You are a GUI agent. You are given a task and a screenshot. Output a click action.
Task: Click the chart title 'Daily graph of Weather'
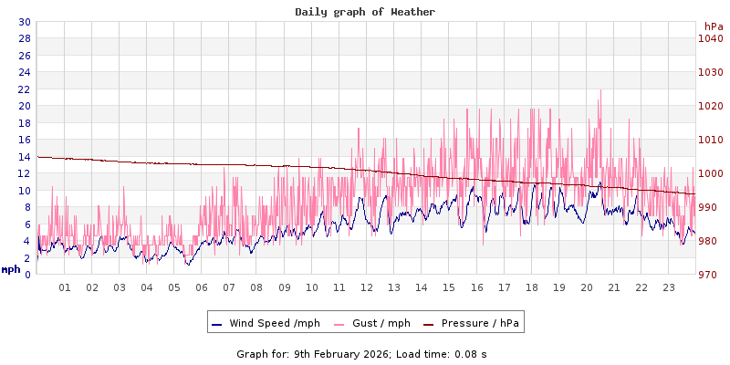tap(365, 12)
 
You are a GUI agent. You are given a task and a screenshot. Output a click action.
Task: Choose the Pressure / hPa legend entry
tap(479, 323)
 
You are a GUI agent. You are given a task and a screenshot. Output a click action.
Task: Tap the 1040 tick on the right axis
tap(710, 38)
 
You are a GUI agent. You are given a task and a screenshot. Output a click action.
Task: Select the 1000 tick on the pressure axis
tap(710, 173)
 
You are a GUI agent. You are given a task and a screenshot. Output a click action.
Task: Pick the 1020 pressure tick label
tap(710, 106)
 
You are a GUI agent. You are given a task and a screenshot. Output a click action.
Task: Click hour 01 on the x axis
tap(65, 287)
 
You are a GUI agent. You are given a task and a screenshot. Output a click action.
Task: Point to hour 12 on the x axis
tap(367, 287)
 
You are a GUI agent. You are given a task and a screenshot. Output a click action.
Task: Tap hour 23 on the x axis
tap(668, 287)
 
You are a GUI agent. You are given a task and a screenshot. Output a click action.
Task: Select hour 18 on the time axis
tap(531, 287)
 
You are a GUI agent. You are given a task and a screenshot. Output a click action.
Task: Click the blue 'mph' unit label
tap(11, 269)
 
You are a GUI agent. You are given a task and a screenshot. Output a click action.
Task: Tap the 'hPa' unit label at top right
tap(714, 26)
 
